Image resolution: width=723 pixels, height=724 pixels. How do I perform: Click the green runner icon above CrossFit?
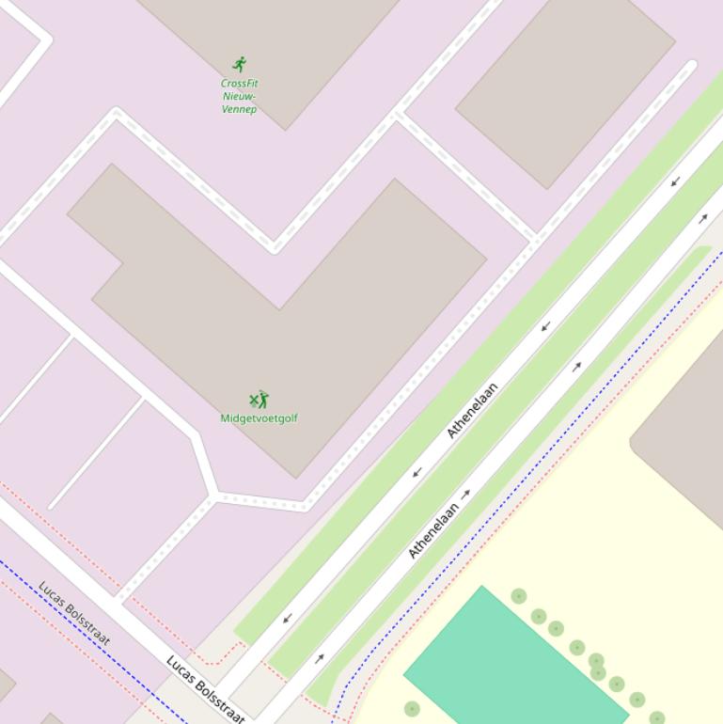pyautogui.click(x=240, y=64)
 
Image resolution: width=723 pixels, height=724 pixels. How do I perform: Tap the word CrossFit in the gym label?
pyautogui.click(x=240, y=83)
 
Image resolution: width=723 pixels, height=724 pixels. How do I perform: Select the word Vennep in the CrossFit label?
pyautogui.click(x=239, y=109)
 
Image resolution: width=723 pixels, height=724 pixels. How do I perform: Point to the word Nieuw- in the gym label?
pyautogui.click(x=240, y=96)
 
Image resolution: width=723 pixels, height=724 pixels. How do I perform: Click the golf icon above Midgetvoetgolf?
pyautogui.click(x=259, y=401)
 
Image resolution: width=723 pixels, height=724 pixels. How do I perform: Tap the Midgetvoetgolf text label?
pyautogui.click(x=259, y=418)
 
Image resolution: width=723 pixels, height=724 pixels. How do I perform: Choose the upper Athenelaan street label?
pyautogui.click(x=472, y=410)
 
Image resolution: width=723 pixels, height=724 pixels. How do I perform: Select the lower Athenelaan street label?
pyautogui.click(x=433, y=530)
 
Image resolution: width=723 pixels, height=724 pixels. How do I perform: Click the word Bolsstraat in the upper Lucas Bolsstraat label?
pyautogui.click(x=88, y=625)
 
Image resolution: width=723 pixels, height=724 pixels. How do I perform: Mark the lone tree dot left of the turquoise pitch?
pyautogui.click(x=412, y=708)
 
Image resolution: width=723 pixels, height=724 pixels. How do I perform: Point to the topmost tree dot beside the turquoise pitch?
pyautogui.click(x=518, y=596)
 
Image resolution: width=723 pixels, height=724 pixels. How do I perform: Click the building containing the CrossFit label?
pyautogui.click(x=282, y=47)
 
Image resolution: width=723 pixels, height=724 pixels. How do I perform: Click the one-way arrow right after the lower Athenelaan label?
pyautogui.click(x=466, y=494)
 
